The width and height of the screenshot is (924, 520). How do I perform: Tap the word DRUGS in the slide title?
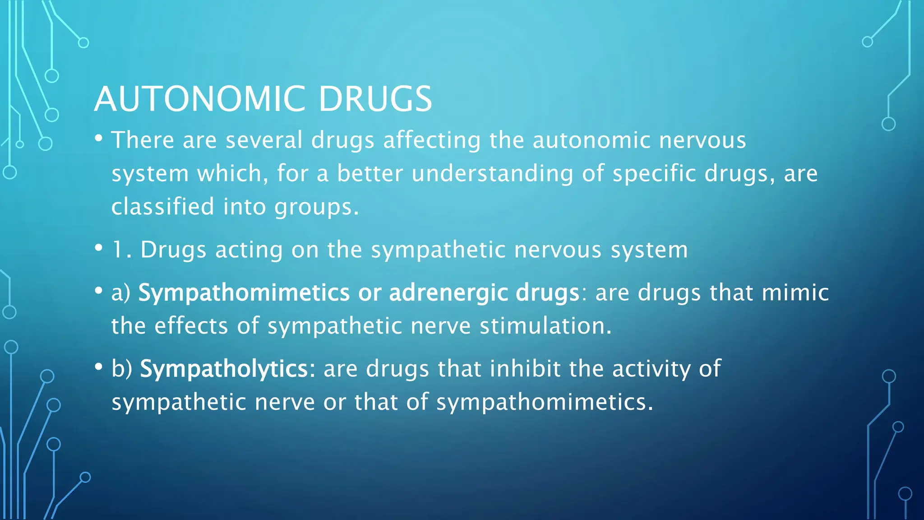tap(375, 99)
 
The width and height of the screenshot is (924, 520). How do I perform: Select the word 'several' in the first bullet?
tap(264, 140)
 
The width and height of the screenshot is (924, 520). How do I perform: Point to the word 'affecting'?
tap(432, 140)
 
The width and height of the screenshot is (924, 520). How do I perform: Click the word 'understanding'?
tap(492, 173)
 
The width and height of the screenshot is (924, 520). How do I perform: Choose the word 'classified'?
tap(163, 207)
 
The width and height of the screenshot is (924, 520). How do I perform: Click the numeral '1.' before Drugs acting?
tap(121, 250)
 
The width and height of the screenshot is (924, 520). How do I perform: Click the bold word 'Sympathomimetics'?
tap(244, 293)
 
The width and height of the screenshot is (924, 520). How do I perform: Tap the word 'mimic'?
tap(795, 292)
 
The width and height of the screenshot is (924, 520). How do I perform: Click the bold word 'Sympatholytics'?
tap(224, 369)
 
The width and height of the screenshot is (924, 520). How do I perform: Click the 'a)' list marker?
tap(121, 293)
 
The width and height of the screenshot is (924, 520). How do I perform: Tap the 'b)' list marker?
tap(122, 369)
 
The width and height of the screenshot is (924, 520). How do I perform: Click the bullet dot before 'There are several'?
tap(99, 138)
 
